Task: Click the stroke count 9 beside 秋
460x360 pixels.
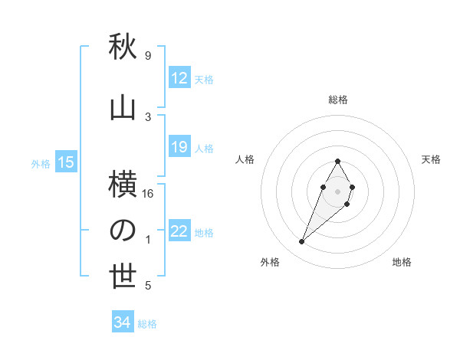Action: click(x=147, y=56)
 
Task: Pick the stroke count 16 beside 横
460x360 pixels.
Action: click(x=149, y=194)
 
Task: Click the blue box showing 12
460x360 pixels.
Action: click(x=179, y=78)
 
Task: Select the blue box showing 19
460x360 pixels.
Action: click(x=179, y=147)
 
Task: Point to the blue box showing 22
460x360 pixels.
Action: click(x=179, y=232)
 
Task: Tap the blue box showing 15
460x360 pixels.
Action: click(x=66, y=162)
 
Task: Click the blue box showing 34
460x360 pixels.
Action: click(x=123, y=323)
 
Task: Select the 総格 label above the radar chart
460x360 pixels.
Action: click(x=338, y=100)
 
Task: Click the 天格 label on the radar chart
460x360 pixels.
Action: click(x=431, y=159)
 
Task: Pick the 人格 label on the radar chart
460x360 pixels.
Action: click(x=245, y=159)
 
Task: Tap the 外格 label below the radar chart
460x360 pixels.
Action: click(x=270, y=262)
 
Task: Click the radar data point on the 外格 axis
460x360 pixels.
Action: click(x=301, y=242)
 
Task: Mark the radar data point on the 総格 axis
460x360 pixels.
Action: click(x=337, y=161)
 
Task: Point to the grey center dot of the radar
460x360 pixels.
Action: click(x=337, y=191)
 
